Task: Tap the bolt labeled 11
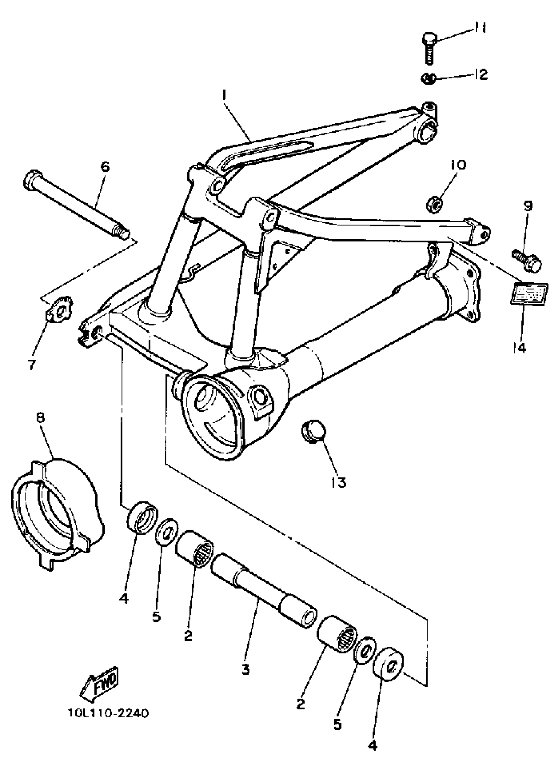[x=430, y=47]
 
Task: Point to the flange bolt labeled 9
[x=528, y=263]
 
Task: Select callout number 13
[x=339, y=482]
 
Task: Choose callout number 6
[x=105, y=167]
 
